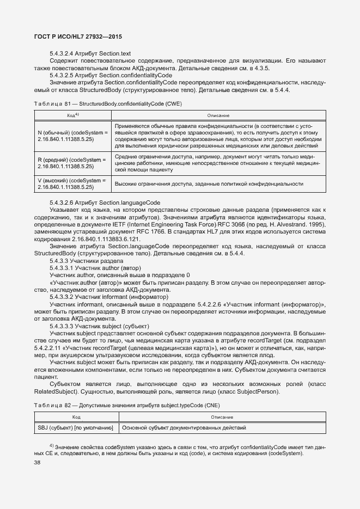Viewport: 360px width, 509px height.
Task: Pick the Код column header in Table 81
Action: tap(73, 116)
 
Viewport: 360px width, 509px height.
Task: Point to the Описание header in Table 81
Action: tap(218, 116)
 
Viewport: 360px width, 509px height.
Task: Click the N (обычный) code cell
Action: tap(73, 136)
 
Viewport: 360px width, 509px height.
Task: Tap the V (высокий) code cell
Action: tap(73, 184)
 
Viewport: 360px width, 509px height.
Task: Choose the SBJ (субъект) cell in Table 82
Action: tap(75, 428)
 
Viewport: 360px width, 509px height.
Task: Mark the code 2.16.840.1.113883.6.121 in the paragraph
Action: tap(95, 239)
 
